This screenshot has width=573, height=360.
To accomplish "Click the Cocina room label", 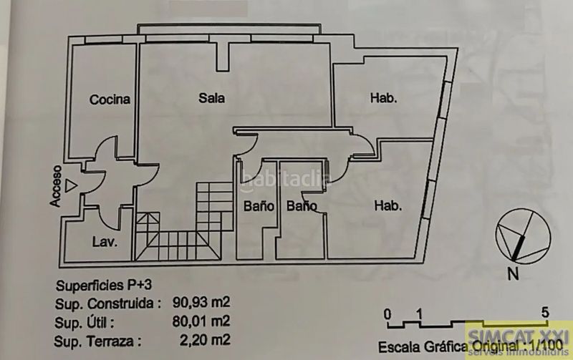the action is pyautogui.click(x=110, y=99).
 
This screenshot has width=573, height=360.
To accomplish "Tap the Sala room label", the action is pyautogui.click(x=211, y=98).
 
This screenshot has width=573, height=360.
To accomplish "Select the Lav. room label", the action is pyautogui.click(x=105, y=242).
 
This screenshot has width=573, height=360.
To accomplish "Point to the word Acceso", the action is pyautogui.click(x=56, y=186).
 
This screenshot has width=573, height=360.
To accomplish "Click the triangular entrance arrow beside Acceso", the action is pyautogui.click(x=70, y=186).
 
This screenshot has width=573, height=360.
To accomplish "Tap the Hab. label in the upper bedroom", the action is pyautogui.click(x=383, y=98).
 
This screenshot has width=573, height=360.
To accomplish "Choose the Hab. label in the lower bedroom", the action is pyautogui.click(x=387, y=206).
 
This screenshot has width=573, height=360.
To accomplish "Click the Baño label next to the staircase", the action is pyautogui.click(x=259, y=206).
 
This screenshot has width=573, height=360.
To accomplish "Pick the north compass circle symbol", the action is pyautogui.click(x=523, y=235).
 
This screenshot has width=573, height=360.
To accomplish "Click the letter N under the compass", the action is pyautogui.click(x=514, y=274).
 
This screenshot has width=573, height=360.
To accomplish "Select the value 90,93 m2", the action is pyautogui.click(x=201, y=302).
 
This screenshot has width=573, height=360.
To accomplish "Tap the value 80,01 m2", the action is pyautogui.click(x=201, y=321).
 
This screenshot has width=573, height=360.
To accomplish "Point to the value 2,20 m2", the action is pyautogui.click(x=205, y=340).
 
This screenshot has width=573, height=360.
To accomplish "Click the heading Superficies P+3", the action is pyautogui.click(x=104, y=285).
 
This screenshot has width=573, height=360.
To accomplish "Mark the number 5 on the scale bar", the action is pyautogui.click(x=545, y=313).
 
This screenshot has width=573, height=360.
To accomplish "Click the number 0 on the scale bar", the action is pyautogui.click(x=387, y=314).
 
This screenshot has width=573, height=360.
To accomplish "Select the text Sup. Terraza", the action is pyautogui.click(x=97, y=341).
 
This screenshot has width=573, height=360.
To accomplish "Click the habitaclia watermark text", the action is pyautogui.click(x=286, y=179).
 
